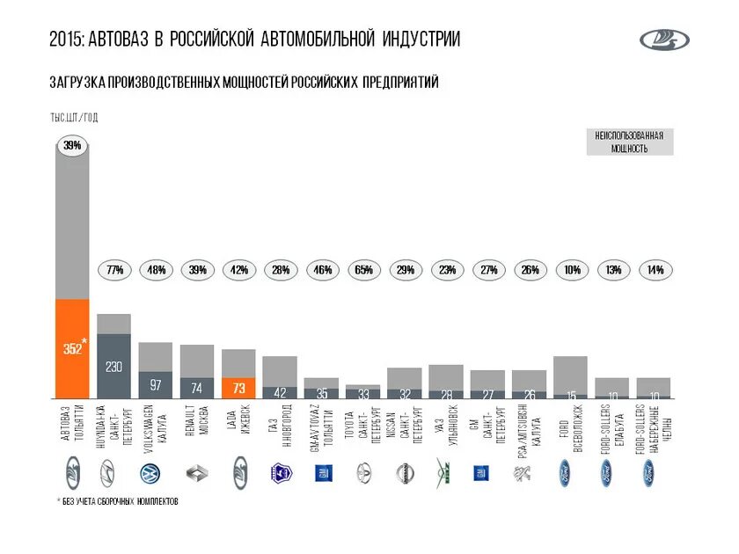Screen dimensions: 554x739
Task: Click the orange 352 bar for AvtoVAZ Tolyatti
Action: point(72,349)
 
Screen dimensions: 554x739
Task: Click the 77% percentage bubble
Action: point(114,270)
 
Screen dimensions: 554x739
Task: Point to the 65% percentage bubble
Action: point(362,270)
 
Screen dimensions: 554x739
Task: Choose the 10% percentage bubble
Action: point(571,270)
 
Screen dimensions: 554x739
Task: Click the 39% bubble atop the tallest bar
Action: point(72,145)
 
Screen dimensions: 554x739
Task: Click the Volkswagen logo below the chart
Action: point(156,473)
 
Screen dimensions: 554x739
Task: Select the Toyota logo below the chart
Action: point(362,473)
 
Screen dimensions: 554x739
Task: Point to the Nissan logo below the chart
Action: point(404,473)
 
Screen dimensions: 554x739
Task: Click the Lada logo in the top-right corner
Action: point(664,40)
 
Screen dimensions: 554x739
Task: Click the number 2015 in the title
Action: point(66,40)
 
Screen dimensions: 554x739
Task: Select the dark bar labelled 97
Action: point(156,385)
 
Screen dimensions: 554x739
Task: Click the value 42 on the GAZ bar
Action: point(280,392)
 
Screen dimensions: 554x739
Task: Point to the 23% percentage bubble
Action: point(446,270)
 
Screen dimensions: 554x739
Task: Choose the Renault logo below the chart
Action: point(197,473)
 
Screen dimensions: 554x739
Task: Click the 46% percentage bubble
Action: point(321,270)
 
